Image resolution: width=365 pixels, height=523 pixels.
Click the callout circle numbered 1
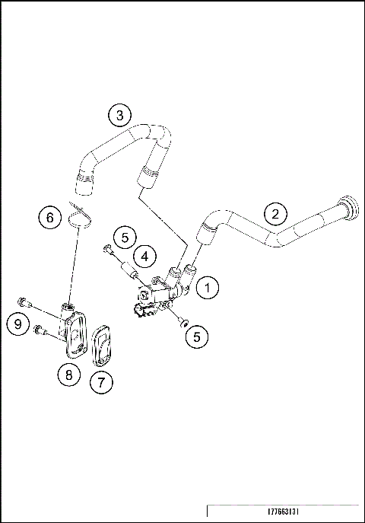pos(208,288)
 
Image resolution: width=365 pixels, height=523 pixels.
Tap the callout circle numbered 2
pos(275,212)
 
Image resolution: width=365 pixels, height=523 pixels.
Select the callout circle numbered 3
pos(119,116)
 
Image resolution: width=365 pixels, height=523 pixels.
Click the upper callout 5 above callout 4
pos(126,236)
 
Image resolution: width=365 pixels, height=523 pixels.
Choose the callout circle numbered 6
pos(50,218)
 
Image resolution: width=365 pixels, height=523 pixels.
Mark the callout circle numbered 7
pos(102,382)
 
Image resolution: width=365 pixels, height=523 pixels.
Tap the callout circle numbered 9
pos(19,324)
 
